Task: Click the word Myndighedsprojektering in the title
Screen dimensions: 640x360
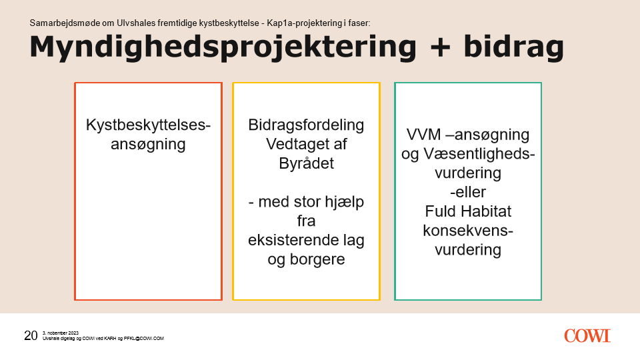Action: point(223,48)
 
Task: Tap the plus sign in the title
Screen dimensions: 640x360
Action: point(440,47)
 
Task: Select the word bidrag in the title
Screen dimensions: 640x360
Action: point(513,48)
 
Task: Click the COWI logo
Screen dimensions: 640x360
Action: point(587,336)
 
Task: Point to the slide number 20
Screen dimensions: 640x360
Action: point(31,335)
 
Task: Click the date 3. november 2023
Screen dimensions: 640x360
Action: point(61,333)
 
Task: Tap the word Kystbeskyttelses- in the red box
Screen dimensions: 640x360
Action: point(148,125)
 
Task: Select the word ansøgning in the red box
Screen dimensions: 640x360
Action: point(148,145)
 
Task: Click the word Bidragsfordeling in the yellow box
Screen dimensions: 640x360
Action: point(306,125)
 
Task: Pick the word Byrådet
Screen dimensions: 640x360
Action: point(306,163)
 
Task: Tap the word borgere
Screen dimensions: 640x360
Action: point(317,259)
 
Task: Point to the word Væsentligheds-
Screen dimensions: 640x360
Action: point(479,154)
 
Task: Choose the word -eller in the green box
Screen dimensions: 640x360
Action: point(468,192)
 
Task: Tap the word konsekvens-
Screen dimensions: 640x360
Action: point(468,231)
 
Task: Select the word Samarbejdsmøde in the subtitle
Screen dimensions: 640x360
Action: point(65,23)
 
